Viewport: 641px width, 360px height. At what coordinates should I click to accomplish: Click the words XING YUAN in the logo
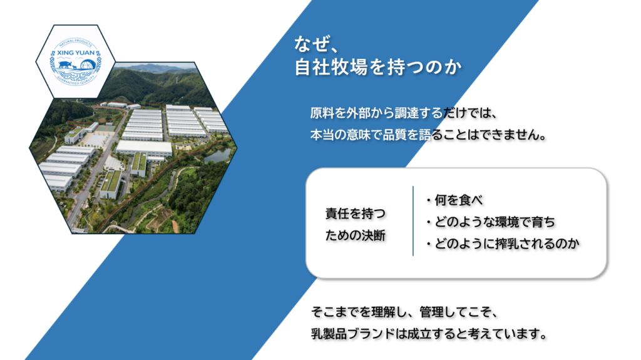[x=76, y=53]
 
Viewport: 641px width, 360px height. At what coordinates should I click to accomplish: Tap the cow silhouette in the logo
[x=65, y=64]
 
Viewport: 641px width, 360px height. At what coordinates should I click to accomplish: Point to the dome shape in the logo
[x=88, y=64]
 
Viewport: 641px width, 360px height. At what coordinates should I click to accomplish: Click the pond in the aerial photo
[x=217, y=155]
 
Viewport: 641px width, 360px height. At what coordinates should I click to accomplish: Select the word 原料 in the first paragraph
[x=322, y=113]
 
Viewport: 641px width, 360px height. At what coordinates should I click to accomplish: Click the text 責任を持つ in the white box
[x=356, y=213]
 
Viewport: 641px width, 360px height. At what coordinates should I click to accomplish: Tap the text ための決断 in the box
[x=356, y=235]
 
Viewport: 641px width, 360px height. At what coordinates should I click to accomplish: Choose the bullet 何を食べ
[x=454, y=200]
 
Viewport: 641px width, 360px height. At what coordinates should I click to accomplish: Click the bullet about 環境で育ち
[x=490, y=222]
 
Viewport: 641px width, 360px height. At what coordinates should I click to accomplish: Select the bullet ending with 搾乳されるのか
[x=503, y=244]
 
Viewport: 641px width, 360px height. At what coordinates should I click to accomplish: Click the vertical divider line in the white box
[x=413, y=221]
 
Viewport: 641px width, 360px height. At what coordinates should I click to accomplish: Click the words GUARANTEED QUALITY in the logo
[x=76, y=81]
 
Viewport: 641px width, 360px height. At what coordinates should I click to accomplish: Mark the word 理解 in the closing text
[x=384, y=312]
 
